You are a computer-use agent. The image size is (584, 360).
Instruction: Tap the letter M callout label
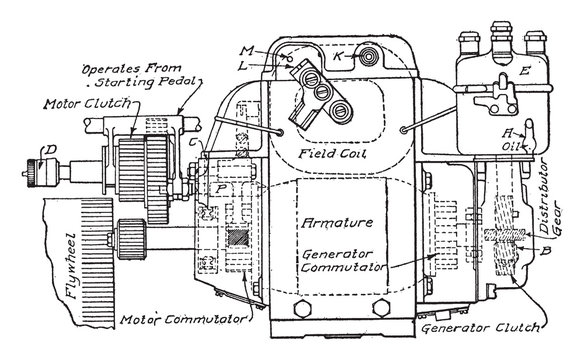click(247, 50)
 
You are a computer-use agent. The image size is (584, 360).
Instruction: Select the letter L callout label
click(243, 66)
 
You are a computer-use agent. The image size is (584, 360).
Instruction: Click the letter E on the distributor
click(524, 71)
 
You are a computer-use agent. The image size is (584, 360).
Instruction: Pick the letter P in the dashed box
click(221, 189)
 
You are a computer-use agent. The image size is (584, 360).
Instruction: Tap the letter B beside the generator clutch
click(546, 251)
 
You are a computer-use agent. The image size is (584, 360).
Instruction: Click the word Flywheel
click(71, 266)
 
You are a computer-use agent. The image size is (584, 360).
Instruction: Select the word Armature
click(337, 223)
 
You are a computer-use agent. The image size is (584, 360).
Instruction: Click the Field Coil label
click(332, 153)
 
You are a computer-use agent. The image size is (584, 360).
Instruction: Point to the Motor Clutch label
click(88, 103)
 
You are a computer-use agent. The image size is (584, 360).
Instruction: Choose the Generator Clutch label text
click(481, 328)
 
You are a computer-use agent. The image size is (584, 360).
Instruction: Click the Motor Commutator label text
click(183, 319)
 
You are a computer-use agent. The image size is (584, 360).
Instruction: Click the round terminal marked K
click(369, 57)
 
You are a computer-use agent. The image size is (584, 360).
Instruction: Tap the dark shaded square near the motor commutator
click(238, 238)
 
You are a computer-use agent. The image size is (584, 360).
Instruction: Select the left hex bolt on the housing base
click(302, 309)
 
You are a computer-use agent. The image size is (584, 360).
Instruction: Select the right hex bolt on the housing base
click(382, 308)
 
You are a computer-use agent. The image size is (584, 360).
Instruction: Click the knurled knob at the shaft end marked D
click(34, 169)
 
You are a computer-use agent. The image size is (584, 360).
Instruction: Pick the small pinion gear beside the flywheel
click(131, 239)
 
